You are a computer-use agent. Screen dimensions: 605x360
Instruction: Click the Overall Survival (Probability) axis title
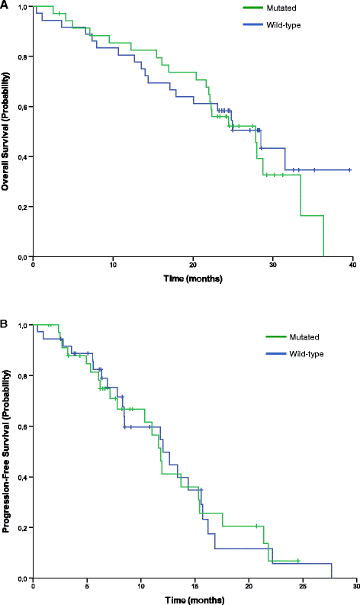point(7,130)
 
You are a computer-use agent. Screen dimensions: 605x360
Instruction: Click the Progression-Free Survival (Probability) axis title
point(7,451)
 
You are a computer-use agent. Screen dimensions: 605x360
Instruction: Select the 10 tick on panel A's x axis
point(113,265)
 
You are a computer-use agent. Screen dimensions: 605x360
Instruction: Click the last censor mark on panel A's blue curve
point(349,169)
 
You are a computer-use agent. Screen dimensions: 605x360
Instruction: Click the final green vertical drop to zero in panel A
point(324,237)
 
